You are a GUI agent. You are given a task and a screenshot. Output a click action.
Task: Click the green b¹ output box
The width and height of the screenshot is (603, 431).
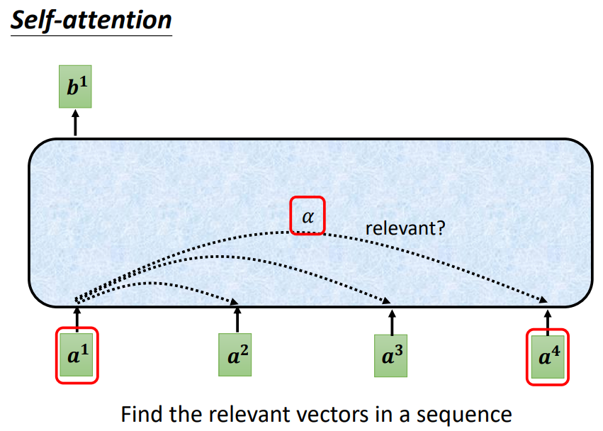[75, 86]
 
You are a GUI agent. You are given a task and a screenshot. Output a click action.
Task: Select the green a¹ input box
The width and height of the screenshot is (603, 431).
[77, 354]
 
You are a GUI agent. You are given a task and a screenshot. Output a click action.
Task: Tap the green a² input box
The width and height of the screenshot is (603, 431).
[235, 354]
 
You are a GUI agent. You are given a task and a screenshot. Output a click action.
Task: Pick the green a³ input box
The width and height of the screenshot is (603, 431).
[390, 356]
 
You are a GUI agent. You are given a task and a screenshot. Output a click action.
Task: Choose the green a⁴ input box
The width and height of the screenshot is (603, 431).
[548, 357]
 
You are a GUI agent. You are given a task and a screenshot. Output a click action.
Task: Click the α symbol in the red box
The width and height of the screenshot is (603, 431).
[308, 217]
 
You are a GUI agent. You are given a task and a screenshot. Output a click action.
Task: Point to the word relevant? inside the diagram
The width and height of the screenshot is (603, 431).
[405, 228]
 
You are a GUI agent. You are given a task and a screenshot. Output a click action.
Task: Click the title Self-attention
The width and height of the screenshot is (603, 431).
[91, 20]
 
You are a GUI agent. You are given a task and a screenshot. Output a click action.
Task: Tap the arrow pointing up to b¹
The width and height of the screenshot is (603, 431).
[75, 123]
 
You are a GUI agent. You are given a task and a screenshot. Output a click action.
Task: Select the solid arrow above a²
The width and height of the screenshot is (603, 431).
[237, 320]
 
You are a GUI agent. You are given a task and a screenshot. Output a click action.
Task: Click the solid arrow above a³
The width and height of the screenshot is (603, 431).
[392, 323]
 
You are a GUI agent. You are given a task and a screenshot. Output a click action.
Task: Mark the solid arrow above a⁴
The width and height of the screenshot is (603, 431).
[548, 323]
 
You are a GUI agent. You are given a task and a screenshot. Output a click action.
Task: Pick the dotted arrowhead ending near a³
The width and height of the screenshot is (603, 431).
[386, 301]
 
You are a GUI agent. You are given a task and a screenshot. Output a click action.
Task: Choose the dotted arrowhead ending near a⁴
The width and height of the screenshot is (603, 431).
[543, 299]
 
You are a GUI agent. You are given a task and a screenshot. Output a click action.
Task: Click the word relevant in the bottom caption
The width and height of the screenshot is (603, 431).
[241, 415]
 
